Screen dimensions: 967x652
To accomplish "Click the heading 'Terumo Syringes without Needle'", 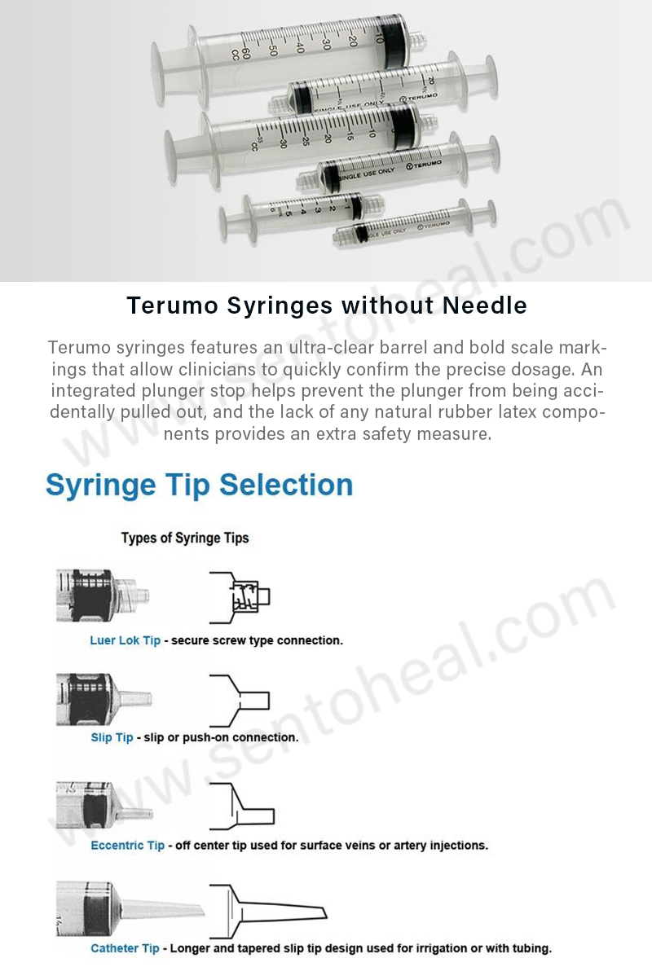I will tap(327, 305).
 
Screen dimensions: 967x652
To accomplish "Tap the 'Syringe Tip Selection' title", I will tap(200, 485).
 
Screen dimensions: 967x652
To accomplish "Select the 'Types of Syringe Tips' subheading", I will tap(185, 538).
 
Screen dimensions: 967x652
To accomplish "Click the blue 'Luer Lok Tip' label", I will tap(125, 640).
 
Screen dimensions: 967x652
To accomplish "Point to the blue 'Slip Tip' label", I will tap(112, 737).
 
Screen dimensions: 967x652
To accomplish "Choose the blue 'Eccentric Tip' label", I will tap(127, 846).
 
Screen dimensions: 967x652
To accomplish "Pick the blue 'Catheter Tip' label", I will tap(125, 948).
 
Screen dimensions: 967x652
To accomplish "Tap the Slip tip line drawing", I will tap(239, 700).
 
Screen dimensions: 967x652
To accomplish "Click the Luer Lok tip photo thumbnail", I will tap(102, 596).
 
